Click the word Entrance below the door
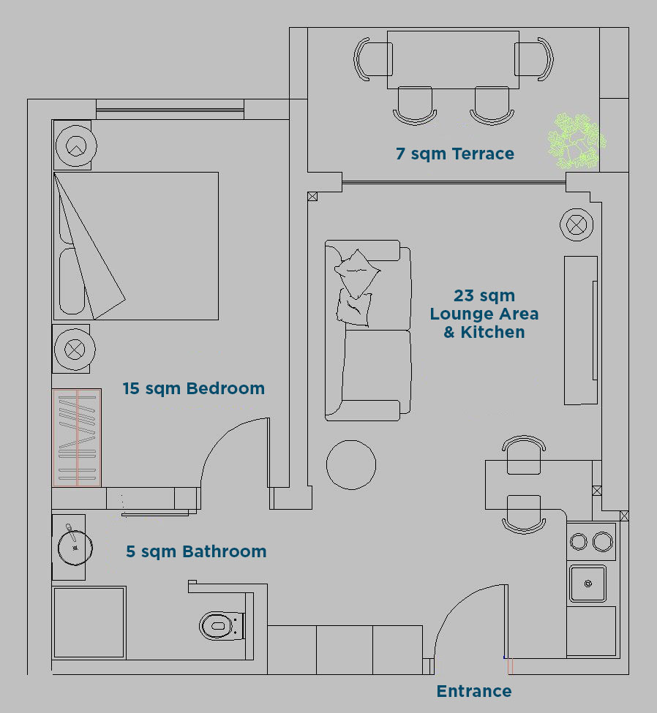point(473,691)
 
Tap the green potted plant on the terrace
point(576,141)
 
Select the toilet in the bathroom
point(222,626)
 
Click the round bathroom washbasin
point(75,548)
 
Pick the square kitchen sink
point(587,584)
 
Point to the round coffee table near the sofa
point(350,464)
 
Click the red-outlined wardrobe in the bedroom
point(76,437)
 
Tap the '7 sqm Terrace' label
point(454,154)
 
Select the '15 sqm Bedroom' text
point(193,388)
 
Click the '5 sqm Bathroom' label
point(196,551)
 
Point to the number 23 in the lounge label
point(464,295)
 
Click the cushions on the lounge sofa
point(357,287)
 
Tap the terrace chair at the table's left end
point(372,59)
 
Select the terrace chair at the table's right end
point(534,59)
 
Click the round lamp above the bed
point(76,146)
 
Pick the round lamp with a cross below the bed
point(74,350)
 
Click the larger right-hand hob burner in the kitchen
point(603,542)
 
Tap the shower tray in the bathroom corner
point(89,622)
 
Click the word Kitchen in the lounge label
point(493,333)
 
